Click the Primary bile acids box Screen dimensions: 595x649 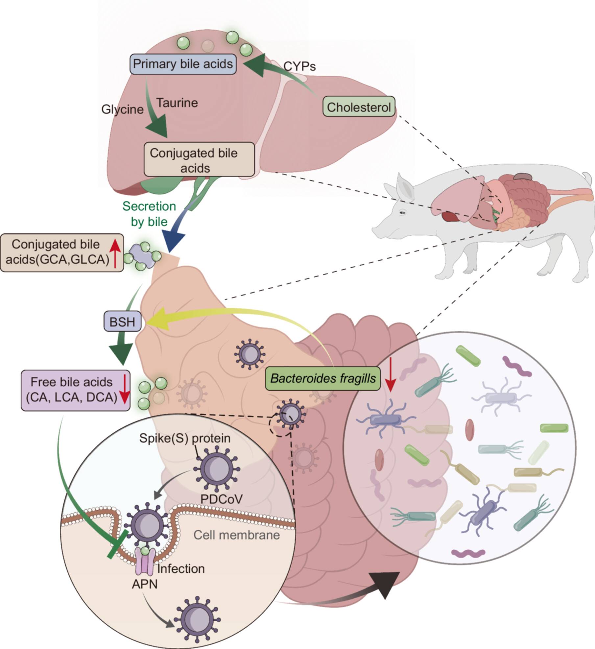[x=183, y=64]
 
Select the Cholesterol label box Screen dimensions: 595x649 [x=359, y=107]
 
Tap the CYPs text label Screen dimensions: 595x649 [x=299, y=66]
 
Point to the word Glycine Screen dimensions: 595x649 [x=122, y=109]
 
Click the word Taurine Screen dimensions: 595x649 [x=177, y=103]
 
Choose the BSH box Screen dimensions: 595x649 [x=122, y=321]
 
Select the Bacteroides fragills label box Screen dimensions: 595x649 [x=323, y=378]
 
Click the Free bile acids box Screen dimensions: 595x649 [x=75, y=390]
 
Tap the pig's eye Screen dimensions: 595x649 [x=402, y=213]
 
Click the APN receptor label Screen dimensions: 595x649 [x=145, y=584]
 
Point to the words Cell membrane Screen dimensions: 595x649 [x=237, y=535]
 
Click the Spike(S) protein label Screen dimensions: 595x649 [x=185, y=438]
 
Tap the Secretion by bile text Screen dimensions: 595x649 [x=149, y=214]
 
